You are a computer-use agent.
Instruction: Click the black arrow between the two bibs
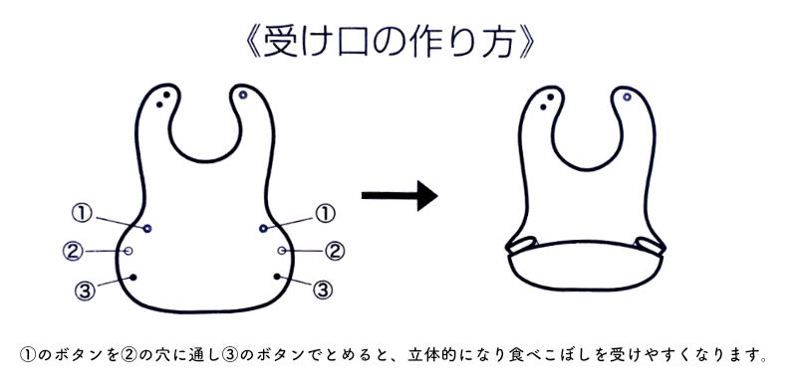click(x=398, y=196)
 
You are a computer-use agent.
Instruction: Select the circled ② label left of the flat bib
click(x=72, y=250)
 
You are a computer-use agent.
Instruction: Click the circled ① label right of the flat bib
click(x=324, y=212)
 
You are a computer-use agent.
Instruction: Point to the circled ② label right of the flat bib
click(x=335, y=250)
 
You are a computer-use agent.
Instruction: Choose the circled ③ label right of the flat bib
click(x=322, y=290)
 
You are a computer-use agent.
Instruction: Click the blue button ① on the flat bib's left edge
click(x=146, y=229)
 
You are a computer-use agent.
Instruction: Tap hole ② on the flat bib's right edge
click(x=282, y=250)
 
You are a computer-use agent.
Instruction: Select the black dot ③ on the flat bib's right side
click(x=278, y=278)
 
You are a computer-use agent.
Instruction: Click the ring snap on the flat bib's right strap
click(x=244, y=96)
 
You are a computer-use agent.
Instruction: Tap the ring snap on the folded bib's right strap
click(x=628, y=97)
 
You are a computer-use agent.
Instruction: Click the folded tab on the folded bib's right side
click(x=650, y=245)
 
